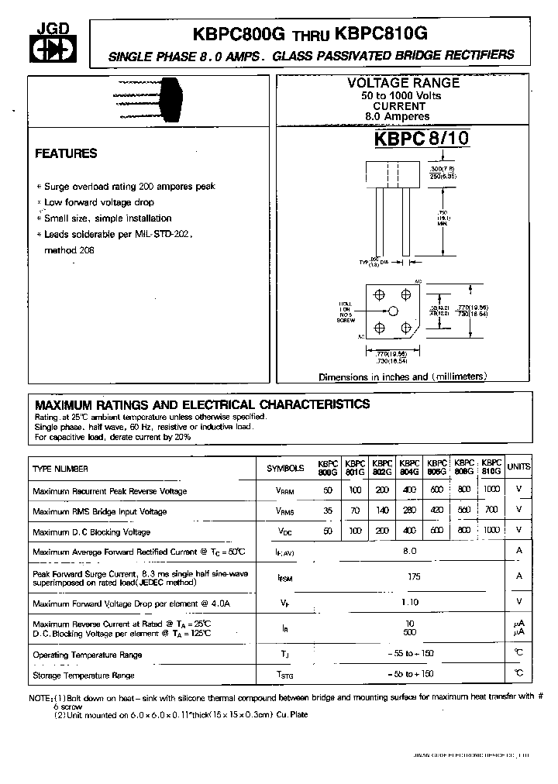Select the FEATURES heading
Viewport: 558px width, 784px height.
pos(66,153)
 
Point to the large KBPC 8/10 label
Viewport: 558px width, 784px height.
pos(422,138)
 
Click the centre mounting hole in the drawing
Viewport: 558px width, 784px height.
pos(393,311)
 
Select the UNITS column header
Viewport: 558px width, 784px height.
pos(519,467)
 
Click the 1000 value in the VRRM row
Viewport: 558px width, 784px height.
pos(491,490)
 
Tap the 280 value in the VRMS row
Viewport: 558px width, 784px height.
pos(410,511)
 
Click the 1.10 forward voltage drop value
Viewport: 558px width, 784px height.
pos(411,602)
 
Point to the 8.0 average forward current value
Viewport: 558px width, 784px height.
pos(411,551)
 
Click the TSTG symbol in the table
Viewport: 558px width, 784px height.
pos(285,675)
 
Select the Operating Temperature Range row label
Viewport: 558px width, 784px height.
pos(88,655)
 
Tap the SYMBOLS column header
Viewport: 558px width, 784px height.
pos(285,468)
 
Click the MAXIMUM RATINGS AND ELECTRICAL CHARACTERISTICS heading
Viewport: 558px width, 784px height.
pos(202,404)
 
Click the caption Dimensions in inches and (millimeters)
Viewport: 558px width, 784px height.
pos(403,377)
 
